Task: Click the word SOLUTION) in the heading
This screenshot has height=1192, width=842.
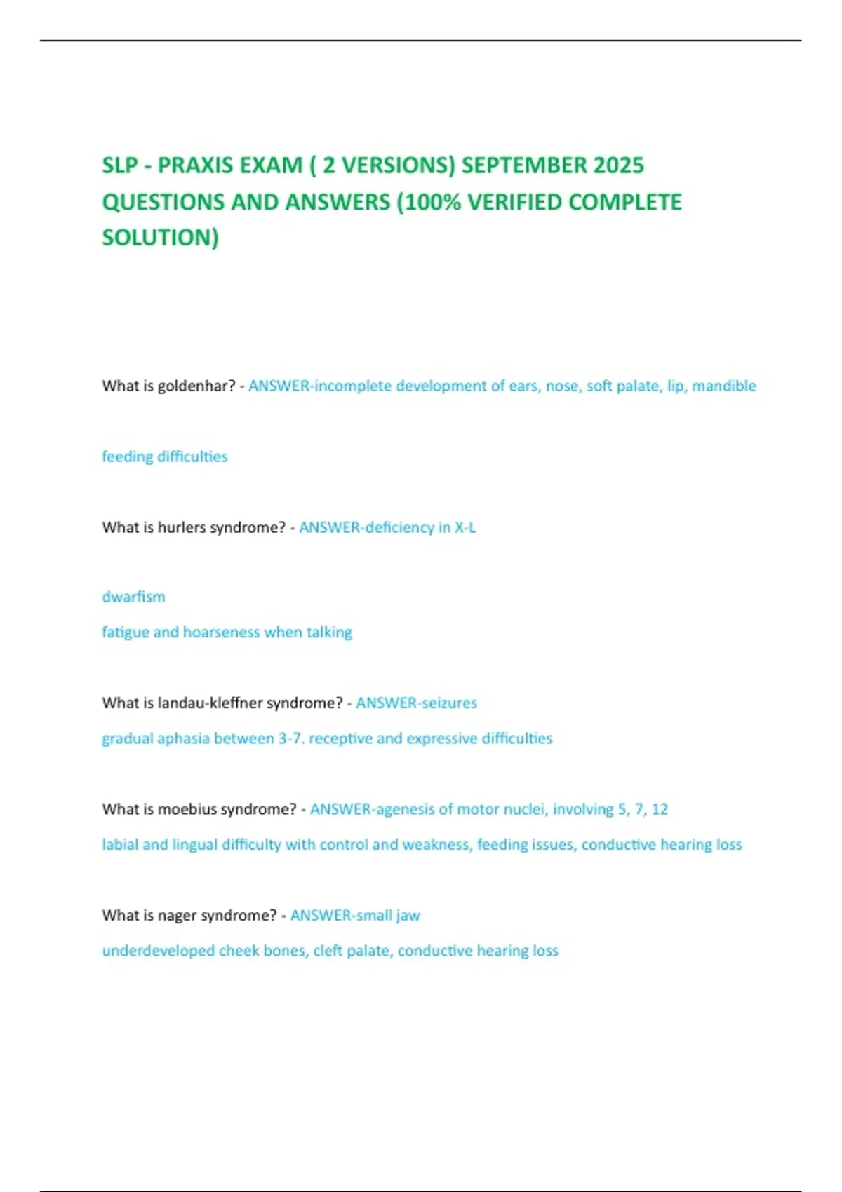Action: pyautogui.click(x=160, y=238)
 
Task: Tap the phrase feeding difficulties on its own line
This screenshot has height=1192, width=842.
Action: pyautogui.click(x=165, y=456)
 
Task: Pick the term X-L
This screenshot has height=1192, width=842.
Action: pyautogui.click(x=465, y=527)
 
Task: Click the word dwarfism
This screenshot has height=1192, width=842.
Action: pyautogui.click(x=133, y=597)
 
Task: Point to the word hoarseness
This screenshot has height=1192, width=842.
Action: pyautogui.click(x=221, y=632)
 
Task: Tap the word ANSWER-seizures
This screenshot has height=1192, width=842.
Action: pyautogui.click(x=416, y=703)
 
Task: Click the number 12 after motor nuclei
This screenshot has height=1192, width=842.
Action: pyautogui.click(x=660, y=809)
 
